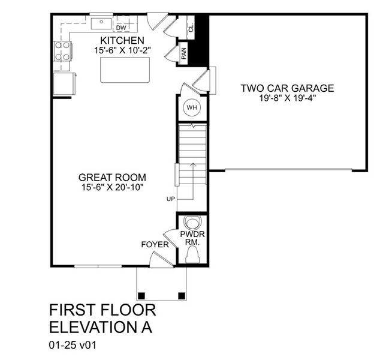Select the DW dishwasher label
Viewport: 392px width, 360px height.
coord(121,28)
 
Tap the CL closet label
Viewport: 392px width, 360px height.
coord(191,28)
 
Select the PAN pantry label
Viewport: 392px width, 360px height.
coord(185,55)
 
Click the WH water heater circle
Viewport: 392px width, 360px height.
coord(192,108)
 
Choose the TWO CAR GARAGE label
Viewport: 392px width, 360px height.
coord(287,88)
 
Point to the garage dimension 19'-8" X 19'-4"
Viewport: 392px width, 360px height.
coord(287,98)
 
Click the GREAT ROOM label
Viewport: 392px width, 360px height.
coord(112,178)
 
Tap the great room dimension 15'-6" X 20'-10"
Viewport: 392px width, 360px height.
coord(112,188)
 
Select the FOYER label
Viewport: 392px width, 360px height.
coord(155,244)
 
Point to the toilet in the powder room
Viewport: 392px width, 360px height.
coord(192,256)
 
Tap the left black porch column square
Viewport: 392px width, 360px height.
coord(142,295)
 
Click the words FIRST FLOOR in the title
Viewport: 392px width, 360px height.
coord(102,310)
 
